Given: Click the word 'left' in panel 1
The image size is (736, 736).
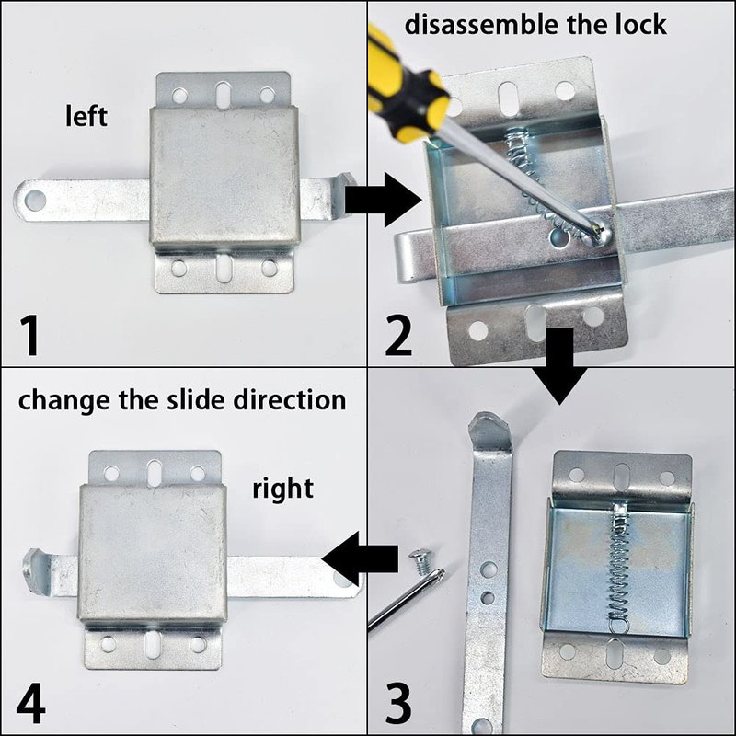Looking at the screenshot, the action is coord(86,116).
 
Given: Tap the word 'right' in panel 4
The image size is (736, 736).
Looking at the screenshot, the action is coord(282,489).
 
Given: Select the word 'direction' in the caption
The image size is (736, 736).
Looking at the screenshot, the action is coord(290,400).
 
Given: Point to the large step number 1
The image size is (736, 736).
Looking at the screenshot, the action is coord(29,335).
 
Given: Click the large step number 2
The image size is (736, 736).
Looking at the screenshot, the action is coord(398,335).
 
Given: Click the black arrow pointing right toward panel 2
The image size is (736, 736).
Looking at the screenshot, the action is coord(383,200).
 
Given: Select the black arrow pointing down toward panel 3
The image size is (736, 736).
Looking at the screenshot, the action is coord(559,366).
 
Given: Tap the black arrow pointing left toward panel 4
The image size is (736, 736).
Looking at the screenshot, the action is coord(360,559).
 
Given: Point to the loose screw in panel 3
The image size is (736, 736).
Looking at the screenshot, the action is coord(420,562).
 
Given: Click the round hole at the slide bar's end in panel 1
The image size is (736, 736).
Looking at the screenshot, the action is coord(35,201).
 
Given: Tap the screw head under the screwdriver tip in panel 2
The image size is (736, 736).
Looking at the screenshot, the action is coord(596,234).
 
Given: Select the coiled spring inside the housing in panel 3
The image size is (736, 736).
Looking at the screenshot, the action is coord(619,568).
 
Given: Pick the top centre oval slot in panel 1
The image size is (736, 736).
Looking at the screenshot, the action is coord(224,95).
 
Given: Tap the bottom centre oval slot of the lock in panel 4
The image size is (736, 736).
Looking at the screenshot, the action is coord(154,645).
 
